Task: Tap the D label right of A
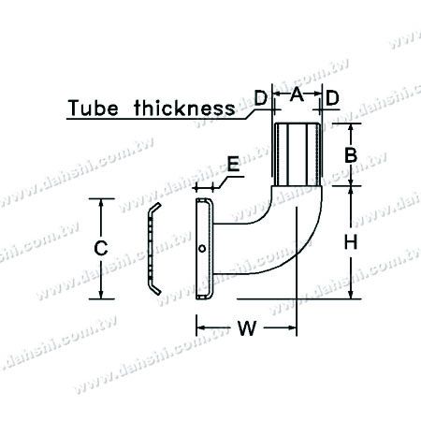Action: (x=331, y=95)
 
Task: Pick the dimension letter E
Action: (x=231, y=167)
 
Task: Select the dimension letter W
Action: (x=245, y=328)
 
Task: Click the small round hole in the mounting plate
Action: (x=203, y=249)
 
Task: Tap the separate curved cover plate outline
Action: (x=151, y=249)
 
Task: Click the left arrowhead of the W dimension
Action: (x=199, y=328)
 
